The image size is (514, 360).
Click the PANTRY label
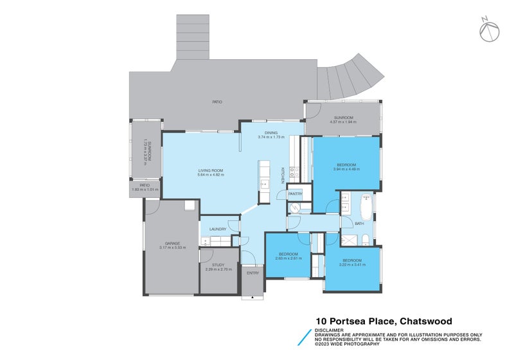tap(296, 193)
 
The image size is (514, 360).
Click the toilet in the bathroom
tap(365, 239)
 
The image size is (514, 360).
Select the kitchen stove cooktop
tap(294, 172)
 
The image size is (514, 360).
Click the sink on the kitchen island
tap(264, 184)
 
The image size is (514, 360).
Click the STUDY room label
tap(218, 265)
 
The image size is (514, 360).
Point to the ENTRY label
tap(253, 273)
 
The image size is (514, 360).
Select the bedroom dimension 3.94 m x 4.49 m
tap(347, 169)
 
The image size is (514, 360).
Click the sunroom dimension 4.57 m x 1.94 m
tap(342, 122)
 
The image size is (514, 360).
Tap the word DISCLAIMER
tap(328, 330)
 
